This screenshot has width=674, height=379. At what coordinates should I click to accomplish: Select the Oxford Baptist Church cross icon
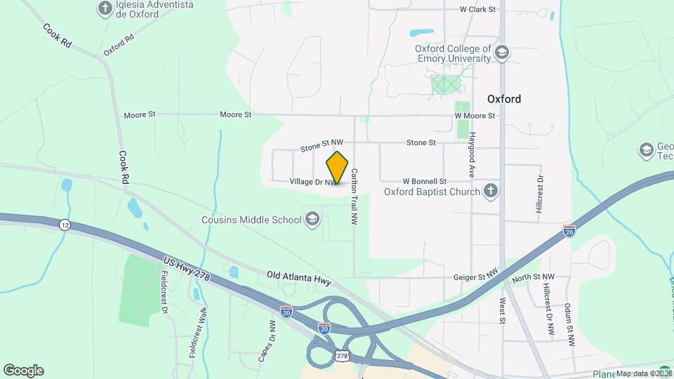[x=491, y=190]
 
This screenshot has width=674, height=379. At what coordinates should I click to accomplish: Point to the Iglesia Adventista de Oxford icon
[x=105, y=9]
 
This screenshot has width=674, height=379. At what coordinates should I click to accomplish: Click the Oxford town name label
[x=504, y=99]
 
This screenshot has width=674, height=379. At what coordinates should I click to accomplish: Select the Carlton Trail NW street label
[x=355, y=196]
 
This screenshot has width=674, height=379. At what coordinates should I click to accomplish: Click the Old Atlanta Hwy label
[x=299, y=278]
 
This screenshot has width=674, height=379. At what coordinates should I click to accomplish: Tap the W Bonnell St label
[x=425, y=182]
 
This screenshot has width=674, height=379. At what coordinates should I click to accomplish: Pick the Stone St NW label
[x=322, y=147]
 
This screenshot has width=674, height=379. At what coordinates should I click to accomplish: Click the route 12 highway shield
[x=65, y=225]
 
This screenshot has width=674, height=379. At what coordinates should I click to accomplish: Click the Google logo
[x=23, y=370]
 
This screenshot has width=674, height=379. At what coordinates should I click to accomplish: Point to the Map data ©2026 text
[x=645, y=373]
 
